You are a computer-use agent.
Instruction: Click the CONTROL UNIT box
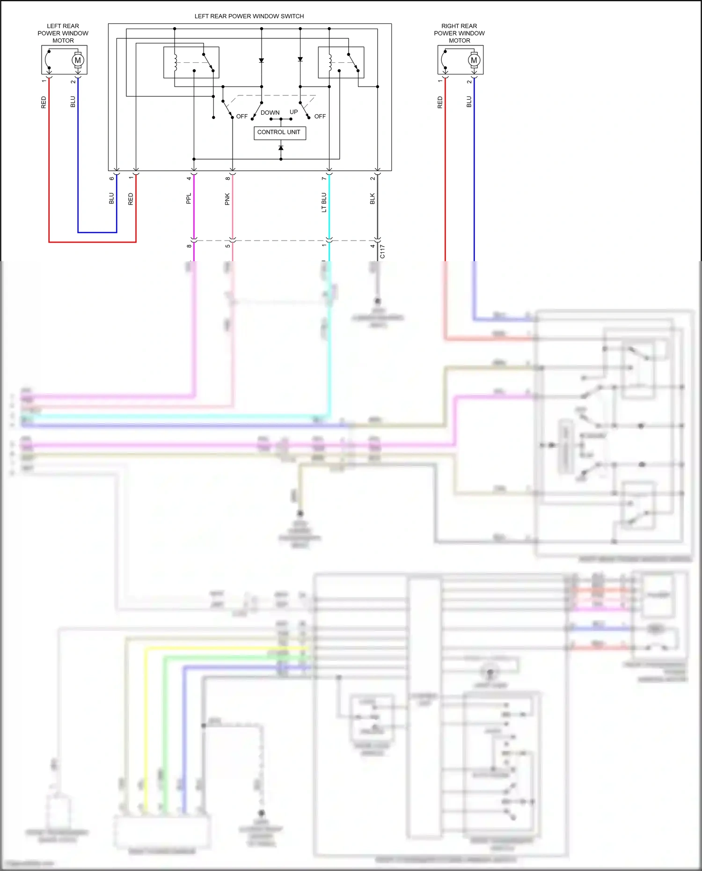(279, 132)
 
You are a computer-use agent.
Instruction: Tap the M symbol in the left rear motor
(78, 60)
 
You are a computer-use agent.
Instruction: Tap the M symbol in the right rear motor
(474, 60)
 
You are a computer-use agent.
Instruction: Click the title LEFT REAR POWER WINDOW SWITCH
(249, 16)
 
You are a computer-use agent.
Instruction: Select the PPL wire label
(189, 198)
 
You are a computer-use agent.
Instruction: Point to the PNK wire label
(227, 199)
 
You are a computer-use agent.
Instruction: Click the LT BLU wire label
(324, 202)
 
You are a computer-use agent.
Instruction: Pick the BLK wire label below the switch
(373, 198)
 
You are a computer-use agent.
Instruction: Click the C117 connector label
(383, 251)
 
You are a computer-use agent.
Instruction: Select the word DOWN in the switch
(270, 113)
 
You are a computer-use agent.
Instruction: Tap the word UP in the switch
(293, 112)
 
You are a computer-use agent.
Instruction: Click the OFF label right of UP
(320, 117)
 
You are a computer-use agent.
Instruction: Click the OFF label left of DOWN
(241, 117)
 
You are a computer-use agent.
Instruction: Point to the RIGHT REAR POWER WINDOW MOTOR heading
(459, 33)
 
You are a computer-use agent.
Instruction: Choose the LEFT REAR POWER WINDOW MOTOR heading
(63, 33)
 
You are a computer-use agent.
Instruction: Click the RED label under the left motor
(44, 102)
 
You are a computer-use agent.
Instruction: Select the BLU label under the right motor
(469, 102)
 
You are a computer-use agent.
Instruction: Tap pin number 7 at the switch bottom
(324, 178)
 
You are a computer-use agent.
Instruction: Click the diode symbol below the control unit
(281, 148)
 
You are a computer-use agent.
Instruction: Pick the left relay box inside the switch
(191, 62)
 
